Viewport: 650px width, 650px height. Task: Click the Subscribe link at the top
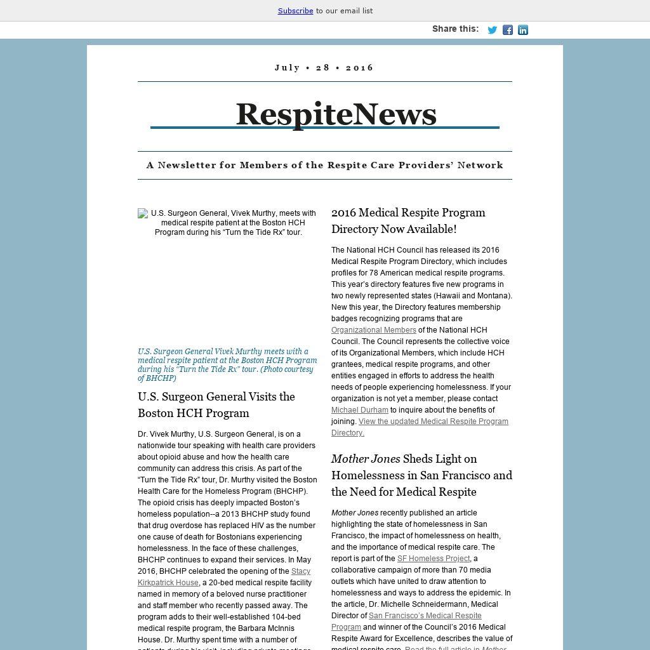(x=295, y=11)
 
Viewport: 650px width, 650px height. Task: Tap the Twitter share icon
(x=492, y=30)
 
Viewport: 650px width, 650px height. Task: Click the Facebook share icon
(x=508, y=30)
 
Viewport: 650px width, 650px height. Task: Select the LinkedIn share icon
(x=523, y=30)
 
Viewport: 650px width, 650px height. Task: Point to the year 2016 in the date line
(x=360, y=67)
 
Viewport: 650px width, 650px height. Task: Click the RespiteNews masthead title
(x=336, y=114)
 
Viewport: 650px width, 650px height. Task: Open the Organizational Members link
(x=373, y=330)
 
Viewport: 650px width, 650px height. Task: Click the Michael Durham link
(x=359, y=410)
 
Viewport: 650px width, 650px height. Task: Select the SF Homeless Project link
(x=434, y=559)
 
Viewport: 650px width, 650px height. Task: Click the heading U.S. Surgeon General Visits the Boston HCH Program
(x=216, y=404)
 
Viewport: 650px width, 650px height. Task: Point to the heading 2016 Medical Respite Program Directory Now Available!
(x=408, y=220)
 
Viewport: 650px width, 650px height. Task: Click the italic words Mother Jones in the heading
(x=366, y=458)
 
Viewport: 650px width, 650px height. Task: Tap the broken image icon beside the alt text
(x=143, y=214)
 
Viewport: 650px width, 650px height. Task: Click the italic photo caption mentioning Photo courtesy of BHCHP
(x=227, y=364)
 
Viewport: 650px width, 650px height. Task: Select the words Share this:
(x=455, y=29)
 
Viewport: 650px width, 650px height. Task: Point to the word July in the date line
(x=288, y=67)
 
